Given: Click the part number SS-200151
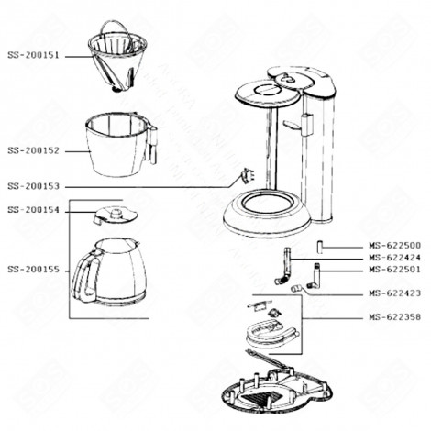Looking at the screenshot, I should [33, 55].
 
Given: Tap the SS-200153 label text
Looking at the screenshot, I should [33, 186].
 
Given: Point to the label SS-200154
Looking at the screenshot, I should [33, 210].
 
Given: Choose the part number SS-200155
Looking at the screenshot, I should [33, 270].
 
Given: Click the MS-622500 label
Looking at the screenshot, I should [394, 246].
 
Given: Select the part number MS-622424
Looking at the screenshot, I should [394, 259].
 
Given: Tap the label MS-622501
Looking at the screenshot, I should [394, 270].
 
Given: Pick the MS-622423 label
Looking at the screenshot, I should [394, 294].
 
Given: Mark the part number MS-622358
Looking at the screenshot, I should [394, 317].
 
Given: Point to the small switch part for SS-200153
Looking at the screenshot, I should [246, 176].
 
